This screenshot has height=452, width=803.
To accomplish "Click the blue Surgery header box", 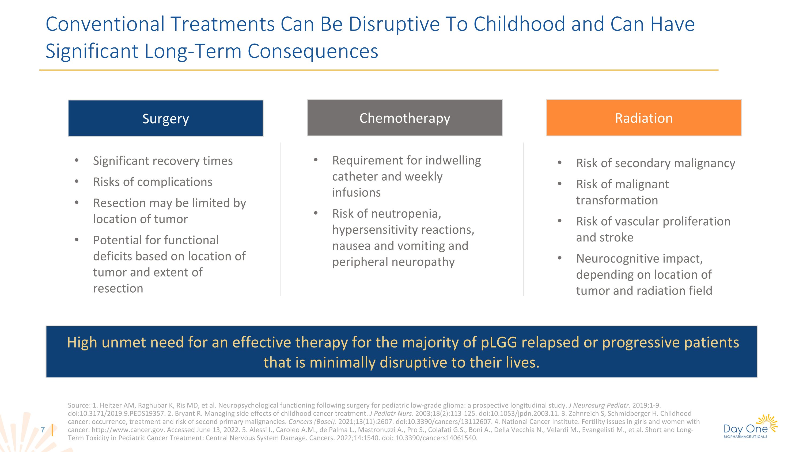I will [x=165, y=118].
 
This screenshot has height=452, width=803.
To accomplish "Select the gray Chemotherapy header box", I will [x=405, y=118].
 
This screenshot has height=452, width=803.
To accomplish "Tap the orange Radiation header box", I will [x=644, y=118].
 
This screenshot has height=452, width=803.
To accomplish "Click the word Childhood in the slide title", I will [x=519, y=24].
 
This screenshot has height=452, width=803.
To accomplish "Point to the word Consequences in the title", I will [x=313, y=51].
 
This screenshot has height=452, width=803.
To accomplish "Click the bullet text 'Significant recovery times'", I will [x=163, y=161].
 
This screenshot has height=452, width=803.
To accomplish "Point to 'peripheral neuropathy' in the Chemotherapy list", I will [x=393, y=262].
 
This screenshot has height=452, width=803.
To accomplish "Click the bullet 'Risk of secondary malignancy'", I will [x=656, y=163].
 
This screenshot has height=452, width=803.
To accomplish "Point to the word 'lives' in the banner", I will [x=521, y=363].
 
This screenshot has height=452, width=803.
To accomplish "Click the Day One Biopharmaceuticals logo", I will [x=750, y=427].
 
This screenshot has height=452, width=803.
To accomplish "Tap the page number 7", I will [x=43, y=430].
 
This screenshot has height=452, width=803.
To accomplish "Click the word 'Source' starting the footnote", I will [x=78, y=406].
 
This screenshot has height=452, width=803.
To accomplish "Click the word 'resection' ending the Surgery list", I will [x=118, y=289].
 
